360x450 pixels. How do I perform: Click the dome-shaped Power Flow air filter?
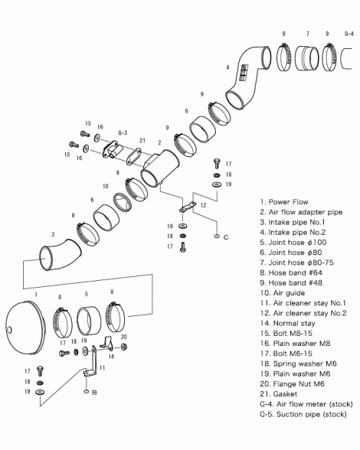point(26,328)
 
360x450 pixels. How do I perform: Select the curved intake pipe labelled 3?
point(61,255)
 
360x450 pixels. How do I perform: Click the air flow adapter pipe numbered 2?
point(161,168)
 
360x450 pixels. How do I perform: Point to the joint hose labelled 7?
point(307,58)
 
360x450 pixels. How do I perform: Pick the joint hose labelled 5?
point(89,321)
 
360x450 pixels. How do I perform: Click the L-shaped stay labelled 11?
point(93,362)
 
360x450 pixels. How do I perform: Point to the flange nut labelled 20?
point(124,347)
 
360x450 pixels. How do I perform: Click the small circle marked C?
point(216,236)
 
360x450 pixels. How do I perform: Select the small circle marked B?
point(86,392)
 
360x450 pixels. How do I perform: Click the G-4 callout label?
point(349,34)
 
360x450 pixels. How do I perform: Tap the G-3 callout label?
point(123,133)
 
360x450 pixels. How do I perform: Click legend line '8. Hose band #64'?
point(291,272)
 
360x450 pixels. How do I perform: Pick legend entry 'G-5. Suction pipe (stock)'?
point(303,415)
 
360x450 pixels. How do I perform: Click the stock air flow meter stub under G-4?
point(346,59)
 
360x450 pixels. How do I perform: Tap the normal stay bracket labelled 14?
point(107,344)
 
